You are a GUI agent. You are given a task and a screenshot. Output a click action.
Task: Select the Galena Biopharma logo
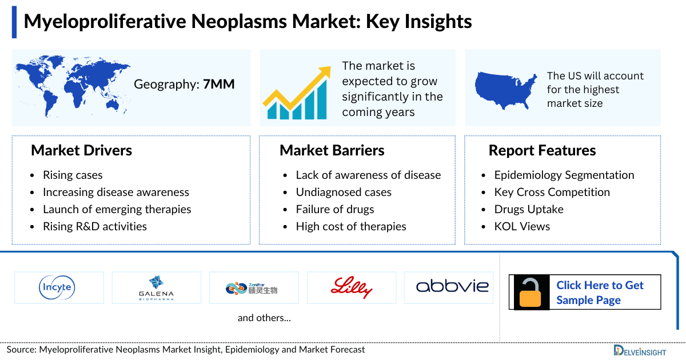point(156,287)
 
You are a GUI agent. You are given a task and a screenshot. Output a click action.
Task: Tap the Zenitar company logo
point(253,287)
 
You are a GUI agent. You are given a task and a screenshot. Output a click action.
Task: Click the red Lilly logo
point(351,287)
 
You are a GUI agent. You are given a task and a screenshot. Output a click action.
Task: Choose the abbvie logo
point(448,286)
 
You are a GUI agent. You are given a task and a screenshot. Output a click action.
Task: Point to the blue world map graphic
point(71,86)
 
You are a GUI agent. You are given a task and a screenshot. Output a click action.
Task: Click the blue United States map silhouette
point(506,89)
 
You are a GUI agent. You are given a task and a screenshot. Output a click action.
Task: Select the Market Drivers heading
point(81,150)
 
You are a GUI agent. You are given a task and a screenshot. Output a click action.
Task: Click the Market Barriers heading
point(332,150)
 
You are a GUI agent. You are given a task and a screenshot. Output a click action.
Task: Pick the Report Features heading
point(542,150)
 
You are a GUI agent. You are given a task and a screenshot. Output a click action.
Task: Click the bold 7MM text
point(219,85)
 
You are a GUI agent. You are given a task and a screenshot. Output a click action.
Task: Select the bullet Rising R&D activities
point(94,226)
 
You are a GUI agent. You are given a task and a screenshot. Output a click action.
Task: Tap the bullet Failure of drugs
point(334,209)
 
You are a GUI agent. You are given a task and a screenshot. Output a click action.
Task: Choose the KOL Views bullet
point(522,226)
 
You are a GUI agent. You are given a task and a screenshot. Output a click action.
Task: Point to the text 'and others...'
point(264,318)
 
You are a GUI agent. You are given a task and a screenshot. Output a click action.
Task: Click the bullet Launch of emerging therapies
point(117,209)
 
